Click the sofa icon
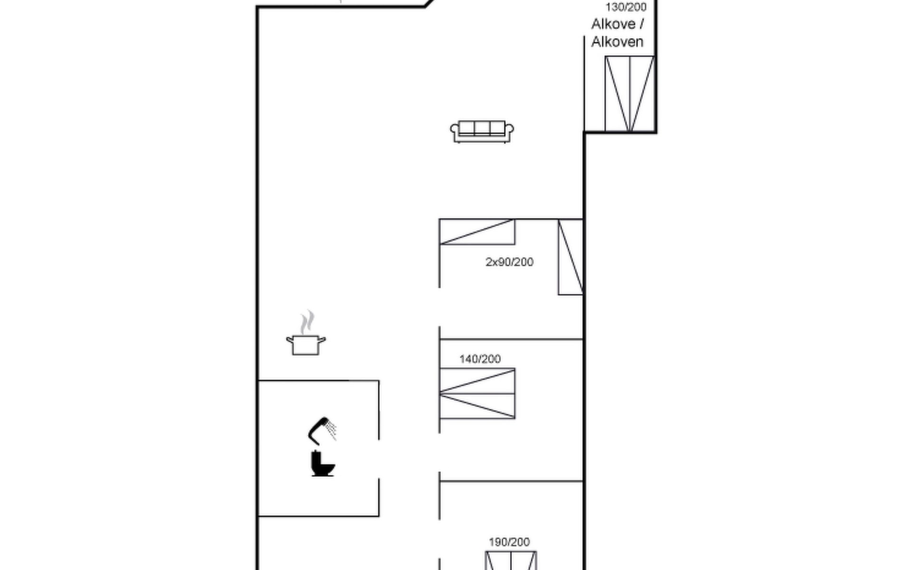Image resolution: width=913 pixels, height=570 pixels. coord(482,131)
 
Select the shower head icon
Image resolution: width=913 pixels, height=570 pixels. coord(322,430)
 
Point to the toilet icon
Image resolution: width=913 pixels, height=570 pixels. coord(322,464)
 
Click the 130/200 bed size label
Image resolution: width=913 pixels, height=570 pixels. coord(626,7)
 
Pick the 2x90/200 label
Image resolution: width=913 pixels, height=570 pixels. coord(509,262)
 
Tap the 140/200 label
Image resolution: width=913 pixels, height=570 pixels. coord(480,359)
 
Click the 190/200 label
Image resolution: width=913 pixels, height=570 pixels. coord(509,542)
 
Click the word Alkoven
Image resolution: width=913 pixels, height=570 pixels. coord(617,42)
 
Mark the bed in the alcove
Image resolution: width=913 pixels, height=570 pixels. coord(630,94)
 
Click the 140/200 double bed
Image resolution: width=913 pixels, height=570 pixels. coord(477,393)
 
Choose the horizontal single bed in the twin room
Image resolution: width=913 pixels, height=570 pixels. coord(477,232)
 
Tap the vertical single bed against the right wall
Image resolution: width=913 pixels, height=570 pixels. coord(570,257)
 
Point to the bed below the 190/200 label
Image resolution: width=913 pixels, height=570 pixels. coord(511,560)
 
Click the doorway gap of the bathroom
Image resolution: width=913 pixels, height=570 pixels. coord(379,459)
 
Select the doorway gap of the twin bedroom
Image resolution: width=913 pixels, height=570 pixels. coord(439,307)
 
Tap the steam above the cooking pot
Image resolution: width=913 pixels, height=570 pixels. coord(307,323)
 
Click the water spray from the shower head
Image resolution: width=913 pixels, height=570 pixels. coord(331,429)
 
